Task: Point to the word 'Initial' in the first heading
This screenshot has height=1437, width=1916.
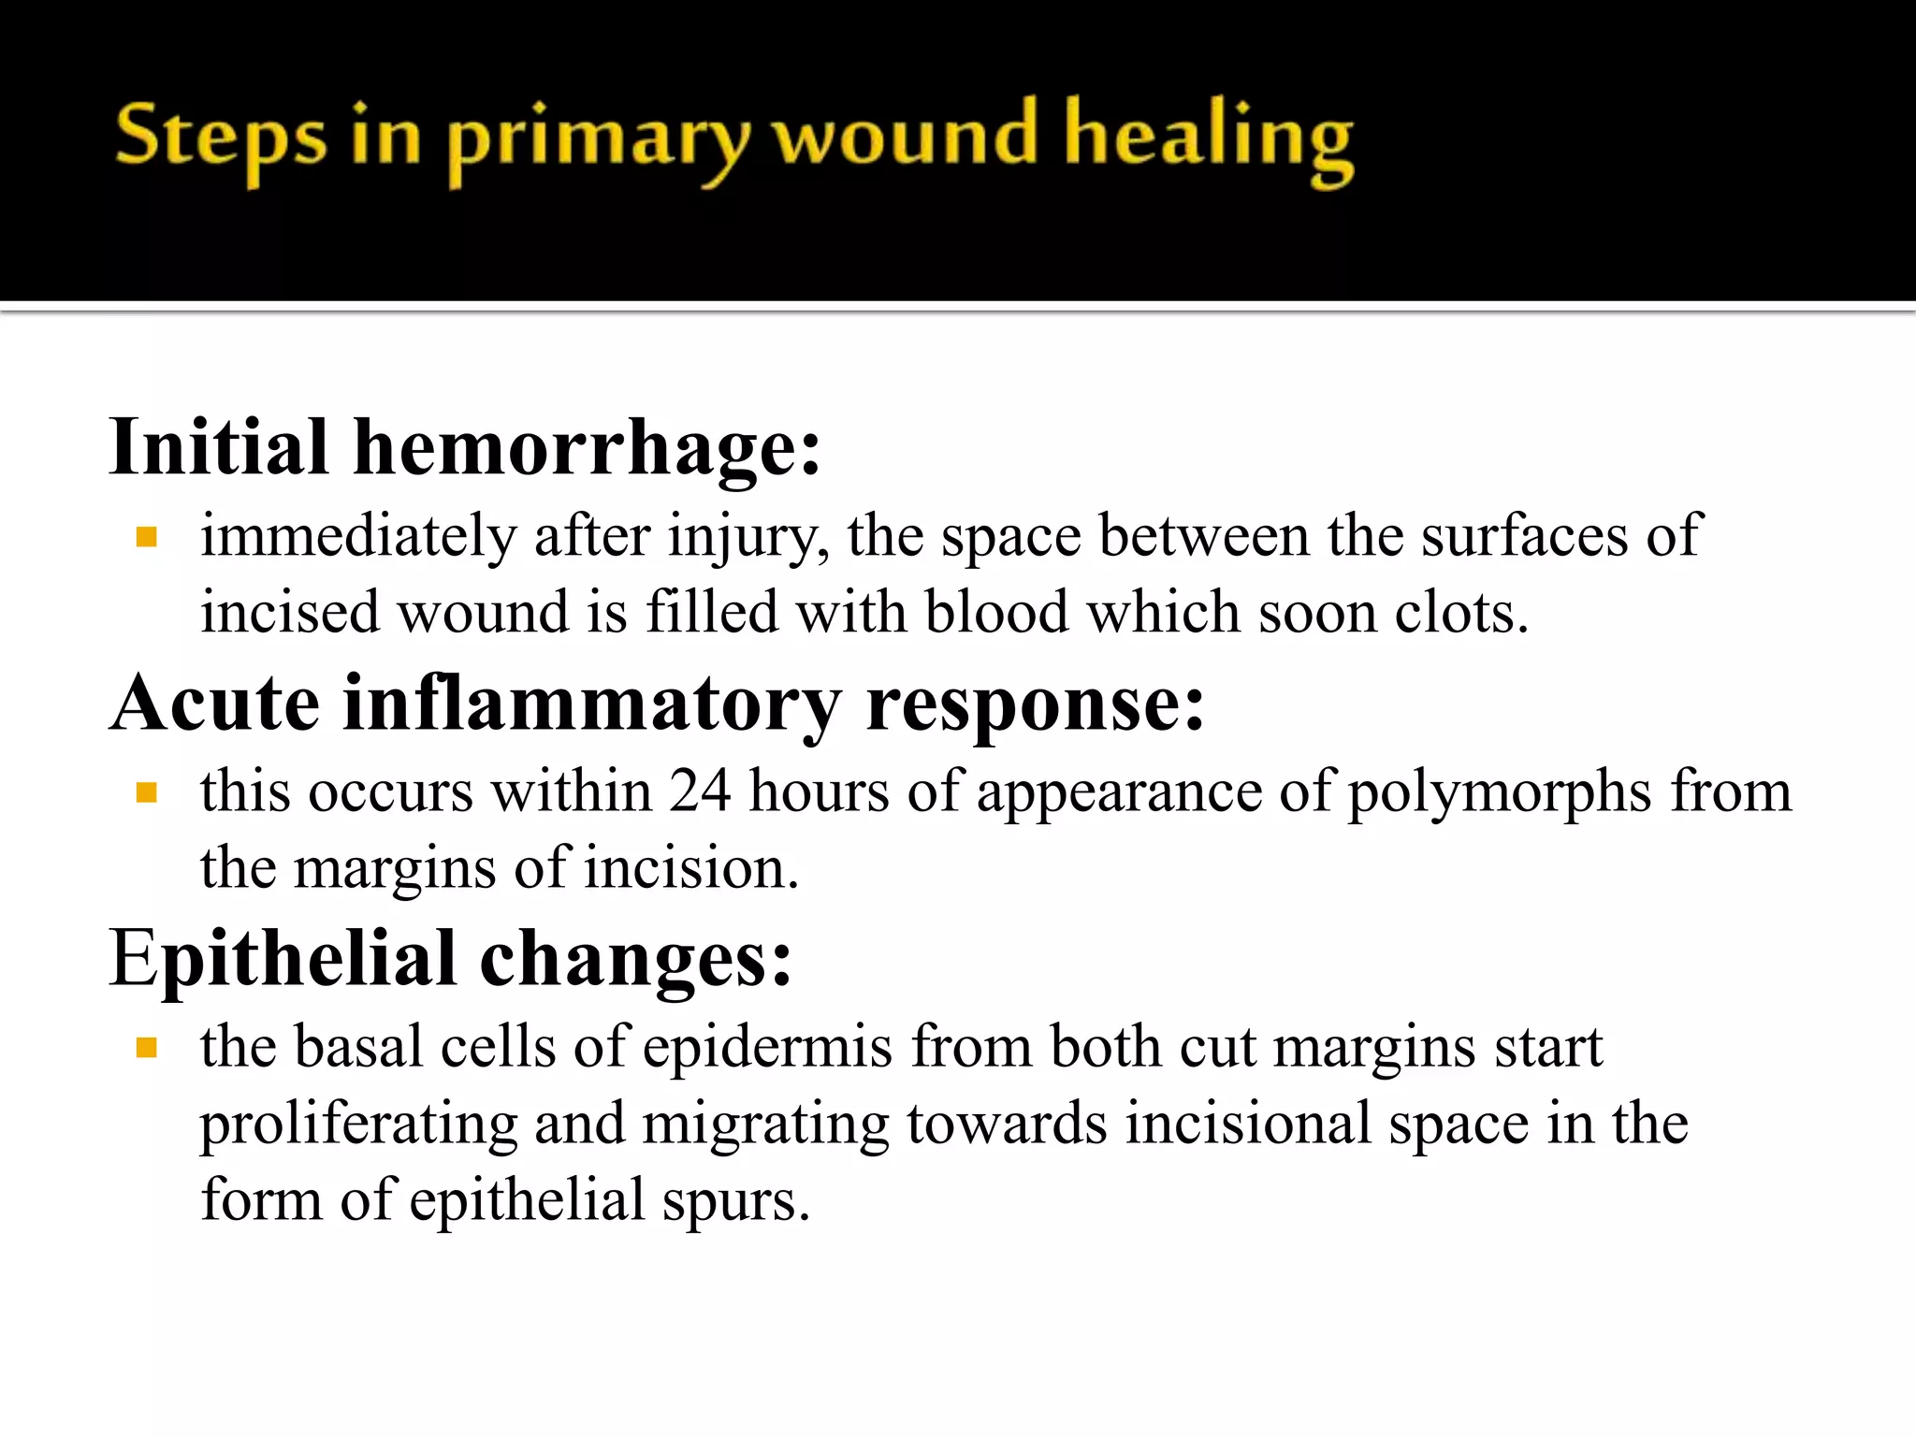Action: pos(219,447)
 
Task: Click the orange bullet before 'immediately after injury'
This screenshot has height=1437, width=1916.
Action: pos(146,537)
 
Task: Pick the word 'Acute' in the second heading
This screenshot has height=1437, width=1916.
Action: pos(215,704)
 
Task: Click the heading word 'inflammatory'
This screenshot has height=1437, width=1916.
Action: pos(592,705)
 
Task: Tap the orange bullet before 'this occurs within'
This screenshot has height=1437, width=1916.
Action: pos(146,793)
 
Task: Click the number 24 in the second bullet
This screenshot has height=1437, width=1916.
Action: pos(700,791)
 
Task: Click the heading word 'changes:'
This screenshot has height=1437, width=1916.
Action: pos(636,960)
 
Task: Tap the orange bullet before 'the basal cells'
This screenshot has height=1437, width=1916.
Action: pos(146,1048)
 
